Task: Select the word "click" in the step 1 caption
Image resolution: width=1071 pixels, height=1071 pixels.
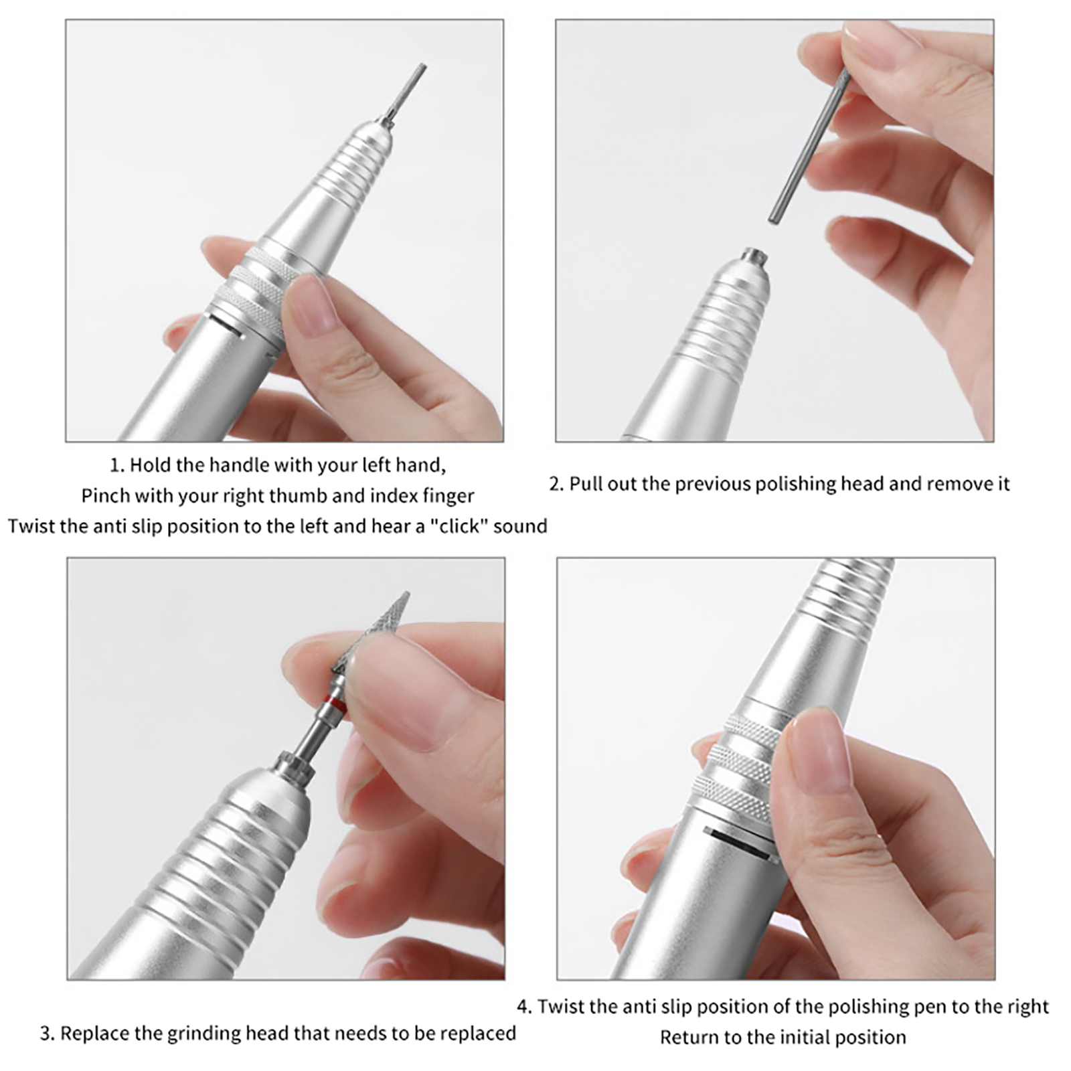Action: (459, 526)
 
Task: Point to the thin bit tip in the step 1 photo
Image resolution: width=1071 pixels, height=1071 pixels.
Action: (420, 68)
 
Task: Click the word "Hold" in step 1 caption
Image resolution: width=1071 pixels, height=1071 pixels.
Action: (150, 465)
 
